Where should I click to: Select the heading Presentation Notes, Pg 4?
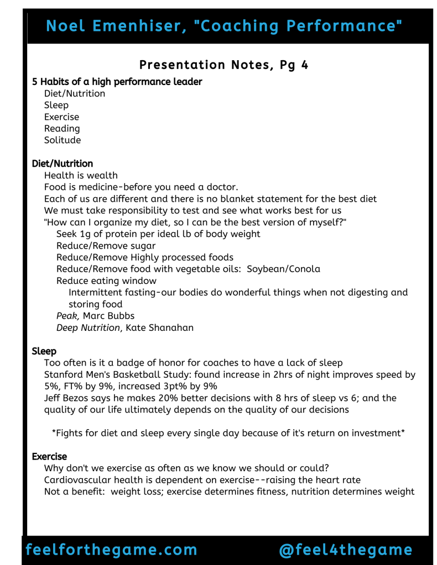223,65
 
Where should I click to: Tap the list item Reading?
62,129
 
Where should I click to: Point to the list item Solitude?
63,140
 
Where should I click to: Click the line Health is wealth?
81,176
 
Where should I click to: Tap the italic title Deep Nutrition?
88,328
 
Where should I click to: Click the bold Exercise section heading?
49,457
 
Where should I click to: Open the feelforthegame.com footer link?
111,550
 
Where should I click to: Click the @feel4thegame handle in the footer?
346,550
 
